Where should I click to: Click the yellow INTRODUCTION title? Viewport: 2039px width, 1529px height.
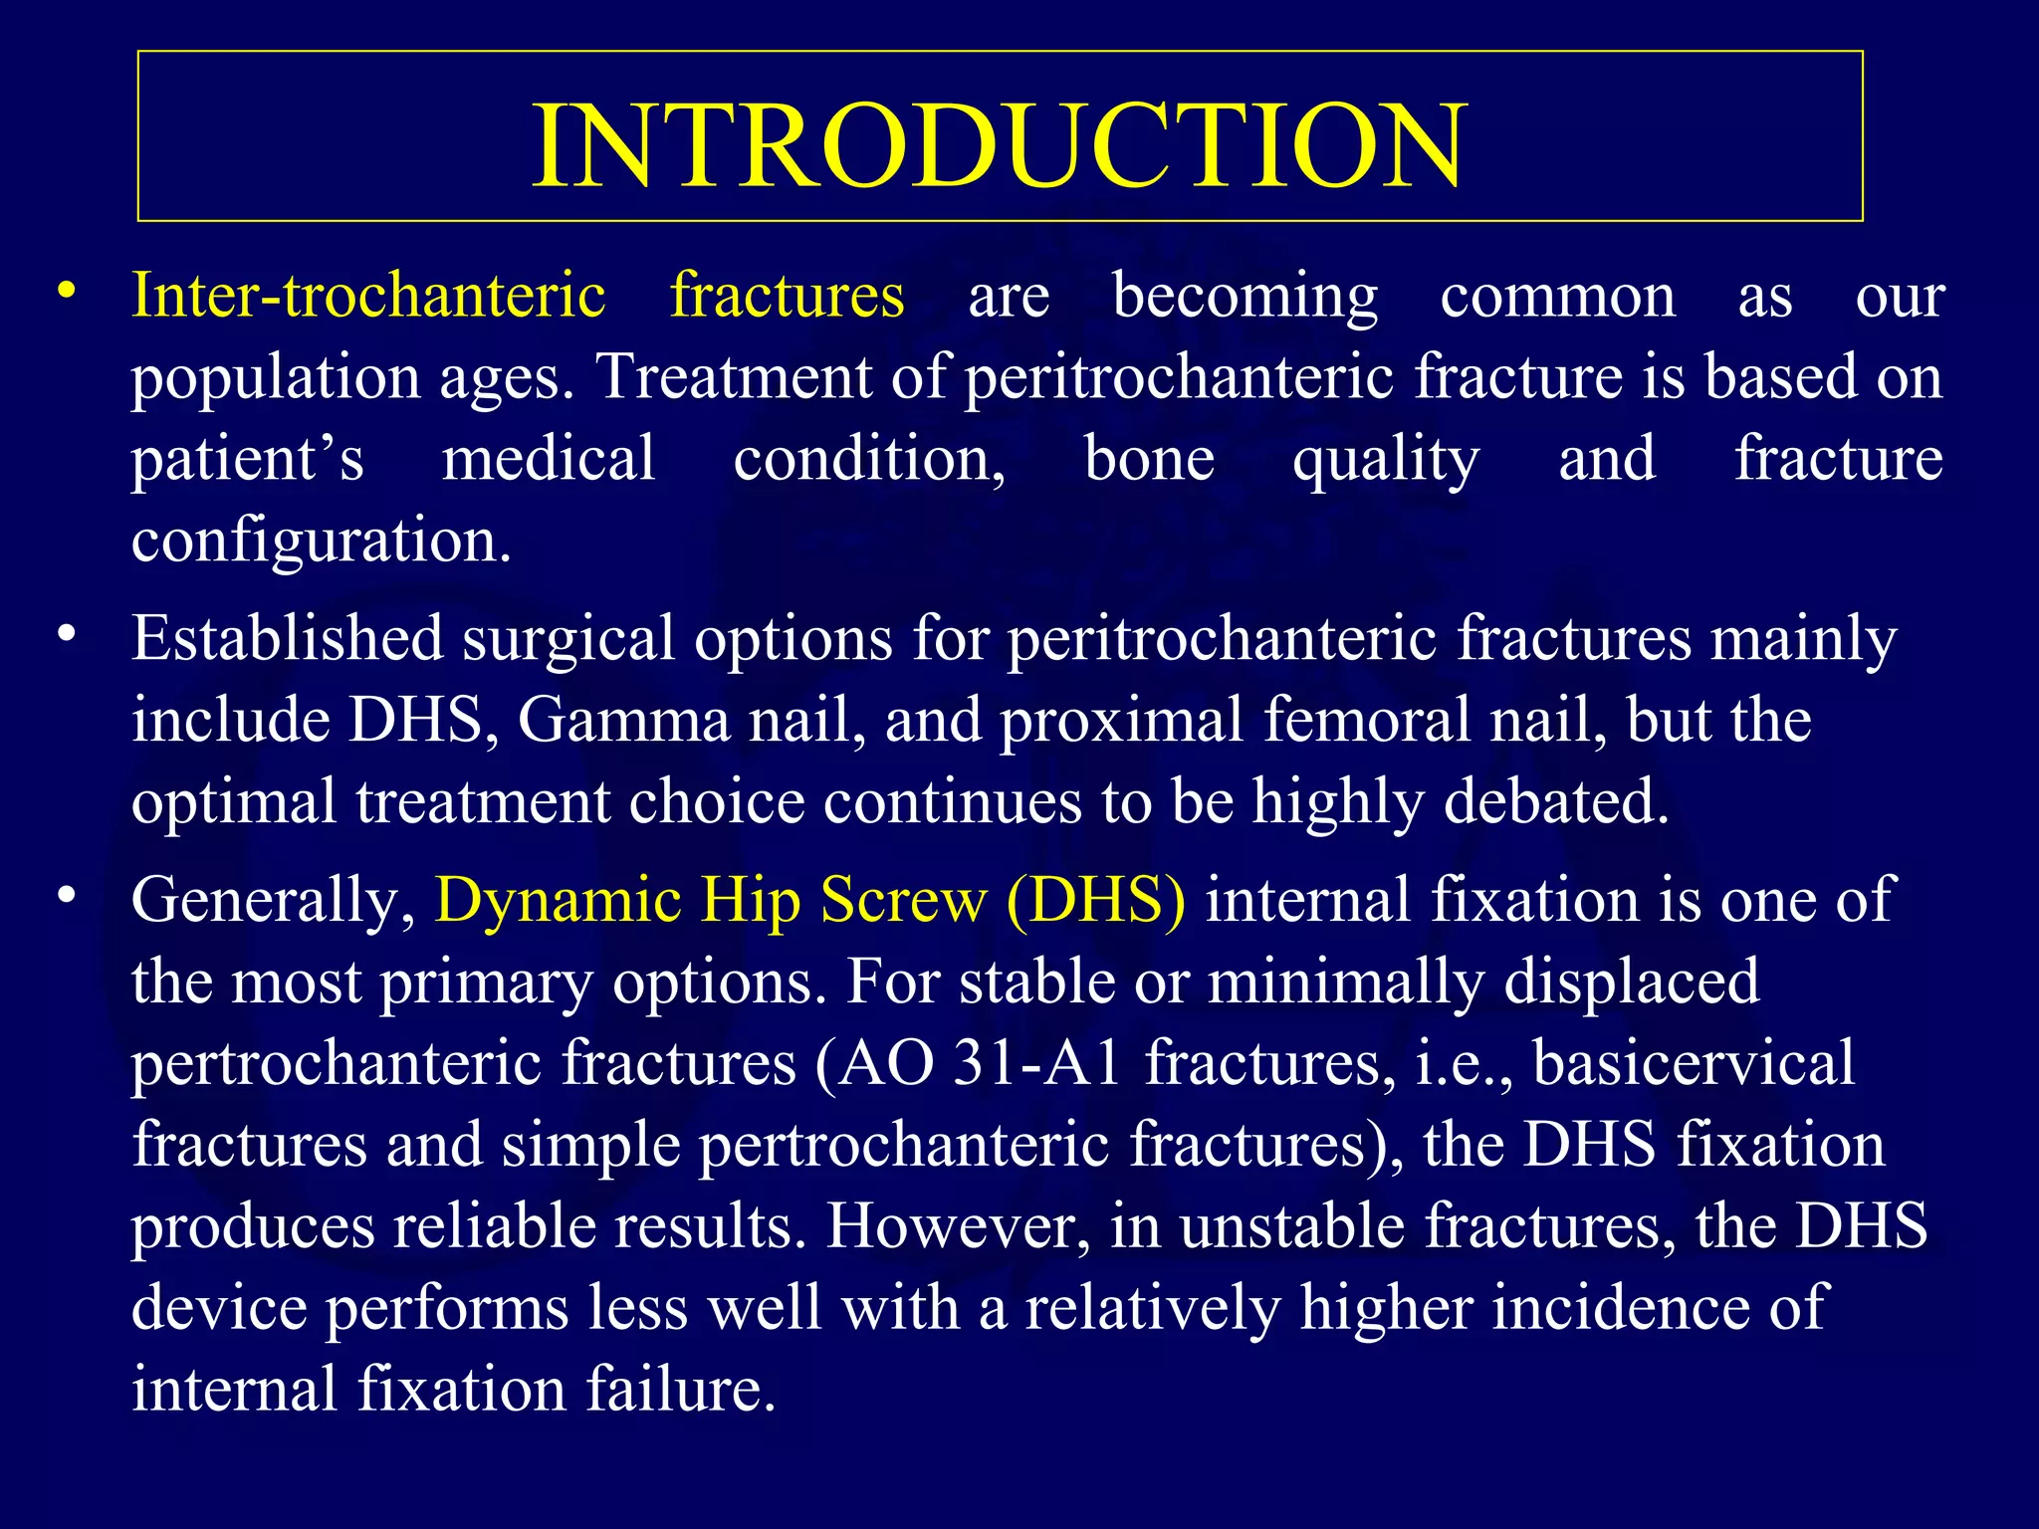click(999, 145)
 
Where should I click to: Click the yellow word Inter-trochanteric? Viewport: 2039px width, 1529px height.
click(368, 296)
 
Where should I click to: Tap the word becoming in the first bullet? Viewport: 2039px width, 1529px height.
click(1245, 298)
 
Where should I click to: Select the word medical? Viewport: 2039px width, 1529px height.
click(549, 459)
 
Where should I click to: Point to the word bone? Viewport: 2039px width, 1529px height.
click(1149, 459)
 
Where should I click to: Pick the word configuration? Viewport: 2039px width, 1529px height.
click(321, 543)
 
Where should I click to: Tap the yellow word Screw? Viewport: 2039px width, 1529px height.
click(903, 900)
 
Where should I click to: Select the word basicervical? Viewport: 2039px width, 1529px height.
click(1694, 1063)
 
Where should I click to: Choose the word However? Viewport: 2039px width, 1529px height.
click(958, 1227)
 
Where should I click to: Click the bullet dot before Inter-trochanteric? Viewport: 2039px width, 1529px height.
click(67, 292)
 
